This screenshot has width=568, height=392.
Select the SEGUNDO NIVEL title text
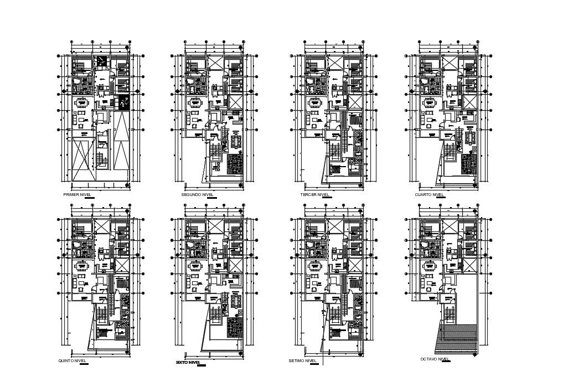point(198,195)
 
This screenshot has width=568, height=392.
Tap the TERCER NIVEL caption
point(314,195)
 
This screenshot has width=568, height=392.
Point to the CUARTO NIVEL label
point(430,195)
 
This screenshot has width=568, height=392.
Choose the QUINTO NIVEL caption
point(73,360)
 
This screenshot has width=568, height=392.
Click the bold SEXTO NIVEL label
point(188,362)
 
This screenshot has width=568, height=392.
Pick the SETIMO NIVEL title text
point(302,360)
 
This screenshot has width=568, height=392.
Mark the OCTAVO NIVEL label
point(435,359)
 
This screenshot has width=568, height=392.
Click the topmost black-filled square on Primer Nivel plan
point(101,61)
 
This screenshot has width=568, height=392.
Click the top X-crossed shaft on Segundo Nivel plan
point(216,61)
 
